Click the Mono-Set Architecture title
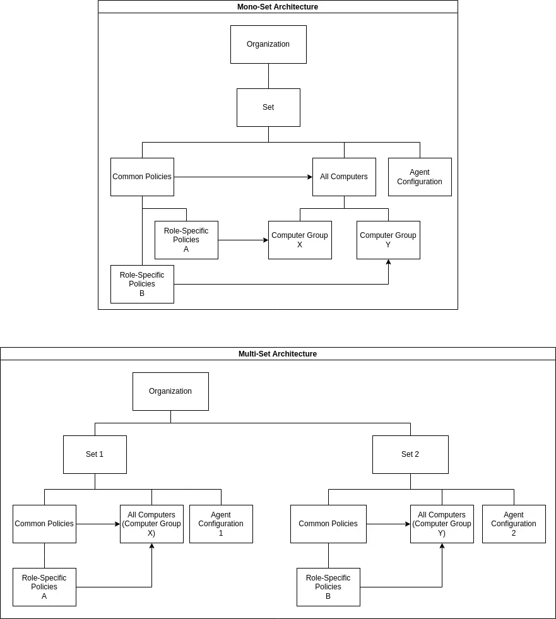click(278, 7)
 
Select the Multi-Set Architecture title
click(278, 354)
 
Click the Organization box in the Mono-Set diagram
click(268, 45)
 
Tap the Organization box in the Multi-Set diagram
click(170, 392)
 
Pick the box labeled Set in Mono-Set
click(268, 108)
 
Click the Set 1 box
click(95, 455)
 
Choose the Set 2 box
click(410, 455)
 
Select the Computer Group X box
click(300, 240)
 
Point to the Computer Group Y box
click(388, 240)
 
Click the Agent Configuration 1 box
click(221, 524)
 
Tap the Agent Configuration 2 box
click(514, 524)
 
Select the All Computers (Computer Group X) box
click(151, 524)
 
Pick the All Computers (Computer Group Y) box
click(442, 524)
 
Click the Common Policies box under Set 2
click(328, 524)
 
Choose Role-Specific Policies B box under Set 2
click(328, 587)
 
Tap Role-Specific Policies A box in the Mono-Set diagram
click(186, 240)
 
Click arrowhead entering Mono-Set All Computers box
click(310, 177)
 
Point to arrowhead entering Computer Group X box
click(266, 240)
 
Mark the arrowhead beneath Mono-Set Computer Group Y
click(388, 262)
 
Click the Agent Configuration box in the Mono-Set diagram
click(420, 177)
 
